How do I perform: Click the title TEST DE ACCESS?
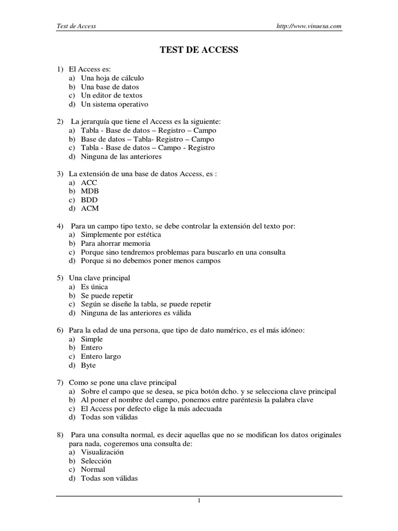[x=198, y=50]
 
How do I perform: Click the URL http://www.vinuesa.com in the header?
[x=310, y=26]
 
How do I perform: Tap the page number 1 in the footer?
[x=198, y=500]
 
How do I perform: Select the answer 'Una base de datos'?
[x=110, y=87]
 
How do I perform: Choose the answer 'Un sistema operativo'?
[x=114, y=104]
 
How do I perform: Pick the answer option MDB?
[x=90, y=191]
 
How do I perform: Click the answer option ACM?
[x=90, y=208]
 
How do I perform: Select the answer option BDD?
[x=89, y=200]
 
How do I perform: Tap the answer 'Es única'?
[x=94, y=287]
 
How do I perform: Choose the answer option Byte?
[x=88, y=365]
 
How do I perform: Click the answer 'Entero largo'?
[x=101, y=356]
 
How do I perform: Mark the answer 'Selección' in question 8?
[x=96, y=460]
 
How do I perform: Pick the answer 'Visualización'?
[x=102, y=452]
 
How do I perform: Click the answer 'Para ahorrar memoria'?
[x=116, y=243]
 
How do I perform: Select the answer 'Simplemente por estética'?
[x=121, y=234]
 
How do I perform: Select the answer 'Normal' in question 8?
[x=93, y=469]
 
